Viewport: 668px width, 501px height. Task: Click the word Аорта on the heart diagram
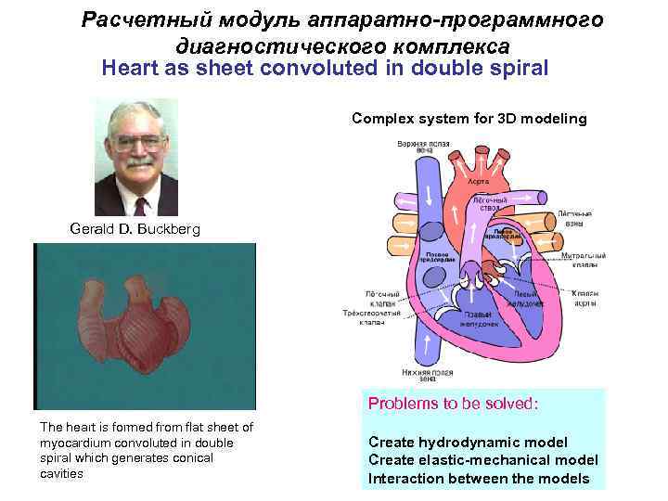(x=479, y=181)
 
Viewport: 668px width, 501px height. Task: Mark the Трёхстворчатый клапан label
(x=372, y=316)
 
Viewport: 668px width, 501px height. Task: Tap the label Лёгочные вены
(x=575, y=218)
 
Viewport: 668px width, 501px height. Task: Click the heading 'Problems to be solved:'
(x=454, y=404)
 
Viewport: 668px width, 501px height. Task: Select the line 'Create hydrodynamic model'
(x=468, y=442)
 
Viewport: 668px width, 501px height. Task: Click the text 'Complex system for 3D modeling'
(x=469, y=118)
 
